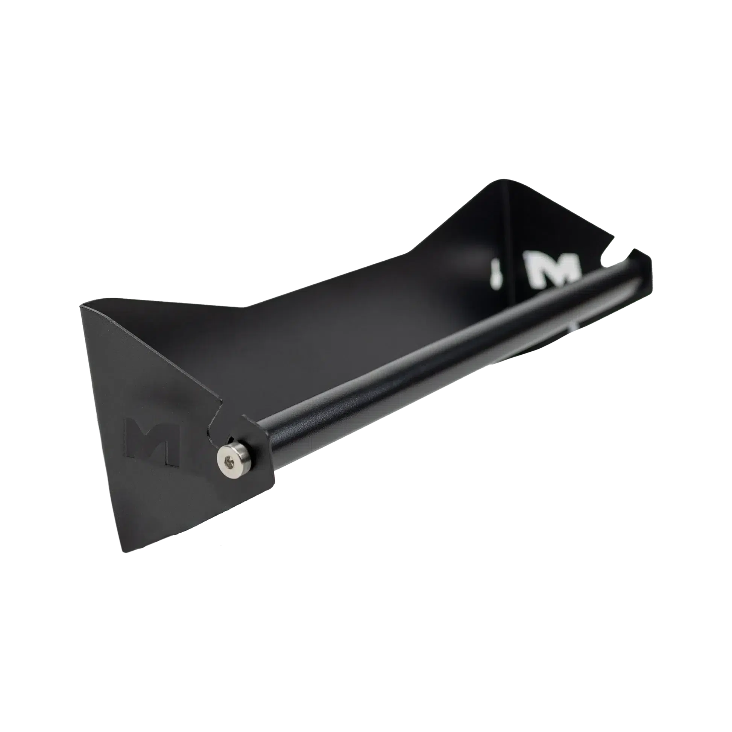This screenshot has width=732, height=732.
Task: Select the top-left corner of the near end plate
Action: pos(80,304)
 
